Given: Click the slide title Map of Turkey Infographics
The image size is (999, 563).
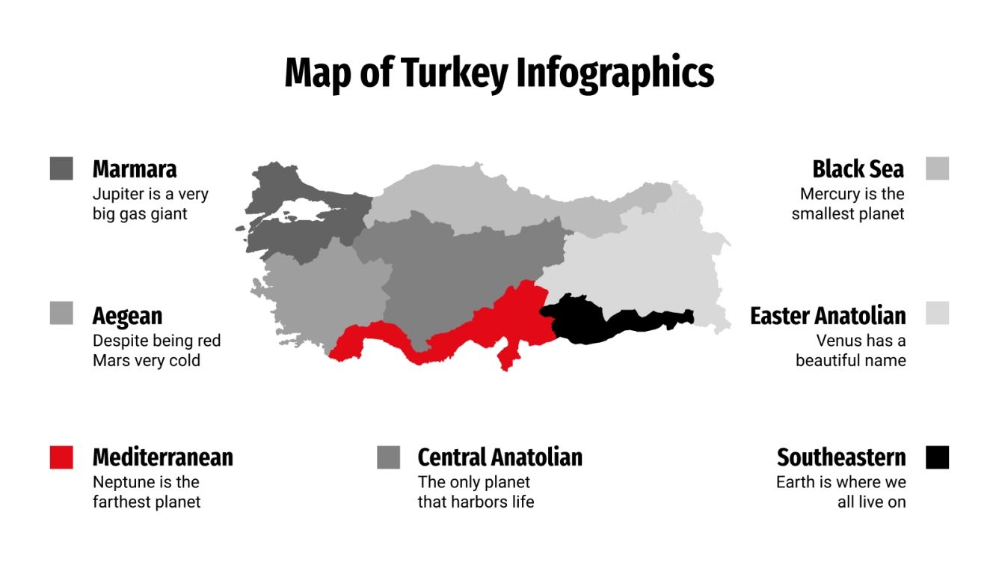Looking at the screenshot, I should (x=499, y=73).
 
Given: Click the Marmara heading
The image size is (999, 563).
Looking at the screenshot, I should (x=135, y=169).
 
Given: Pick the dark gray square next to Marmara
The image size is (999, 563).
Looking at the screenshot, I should (x=61, y=168).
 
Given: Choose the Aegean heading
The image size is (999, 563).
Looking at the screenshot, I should (x=127, y=316).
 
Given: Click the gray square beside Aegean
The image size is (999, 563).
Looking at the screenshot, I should (x=61, y=313).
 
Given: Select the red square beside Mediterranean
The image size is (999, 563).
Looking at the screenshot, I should (x=61, y=457).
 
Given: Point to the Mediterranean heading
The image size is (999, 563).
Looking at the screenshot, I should (x=162, y=457).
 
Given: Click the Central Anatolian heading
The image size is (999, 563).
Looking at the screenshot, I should (x=499, y=457).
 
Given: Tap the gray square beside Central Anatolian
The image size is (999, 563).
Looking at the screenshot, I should (x=389, y=457).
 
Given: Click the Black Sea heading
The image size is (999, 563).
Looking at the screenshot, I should (x=858, y=169).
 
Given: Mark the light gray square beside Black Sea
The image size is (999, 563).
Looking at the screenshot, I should (x=937, y=168).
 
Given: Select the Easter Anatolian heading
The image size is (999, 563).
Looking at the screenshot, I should (x=828, y=316).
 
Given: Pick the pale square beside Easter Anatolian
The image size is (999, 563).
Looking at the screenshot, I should (x=937, y=313).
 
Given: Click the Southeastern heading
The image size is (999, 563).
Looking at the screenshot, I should (x=841, y=457).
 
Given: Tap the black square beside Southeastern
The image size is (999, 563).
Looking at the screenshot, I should (x=937, y=457).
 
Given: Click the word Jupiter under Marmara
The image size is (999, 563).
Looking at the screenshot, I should (x=118, y=195).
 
